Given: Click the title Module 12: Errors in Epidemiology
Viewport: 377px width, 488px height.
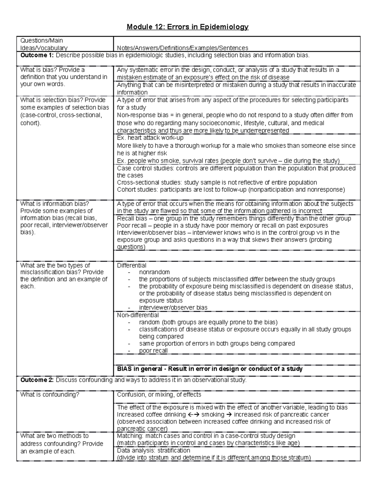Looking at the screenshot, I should tap(188, 27).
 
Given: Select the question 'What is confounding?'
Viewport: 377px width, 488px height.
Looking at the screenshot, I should tap(50, 395).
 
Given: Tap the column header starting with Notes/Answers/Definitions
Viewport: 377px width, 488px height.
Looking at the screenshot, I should tap(183, 48).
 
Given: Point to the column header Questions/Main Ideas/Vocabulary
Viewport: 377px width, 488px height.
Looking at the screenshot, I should tap(44, 44).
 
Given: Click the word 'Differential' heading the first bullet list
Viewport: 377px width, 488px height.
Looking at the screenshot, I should tap(132, 266).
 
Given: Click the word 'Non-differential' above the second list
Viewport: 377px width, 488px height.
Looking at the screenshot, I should tap(138, 315).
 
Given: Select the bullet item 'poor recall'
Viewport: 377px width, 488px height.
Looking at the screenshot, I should tap(153, 351).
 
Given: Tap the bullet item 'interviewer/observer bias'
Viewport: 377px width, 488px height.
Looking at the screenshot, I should tap(173, 308).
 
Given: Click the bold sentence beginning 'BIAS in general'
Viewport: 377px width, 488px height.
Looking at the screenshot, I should tap(210, 369).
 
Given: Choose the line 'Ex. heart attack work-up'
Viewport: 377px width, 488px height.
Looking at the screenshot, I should tap(150, 138).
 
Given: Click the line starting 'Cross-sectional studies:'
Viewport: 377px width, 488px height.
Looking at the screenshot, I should tap(217, 183).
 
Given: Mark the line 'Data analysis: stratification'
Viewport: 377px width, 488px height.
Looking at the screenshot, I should tap(153, 451).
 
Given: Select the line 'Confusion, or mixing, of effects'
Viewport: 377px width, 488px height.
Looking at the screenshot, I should tap(159, 395).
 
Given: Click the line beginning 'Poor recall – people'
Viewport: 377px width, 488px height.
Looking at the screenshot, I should tap(222, 226).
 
